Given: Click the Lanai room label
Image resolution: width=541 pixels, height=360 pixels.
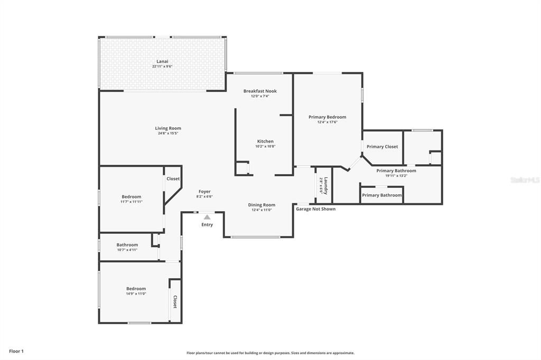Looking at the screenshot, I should pyautogui.click(x=162, y=61).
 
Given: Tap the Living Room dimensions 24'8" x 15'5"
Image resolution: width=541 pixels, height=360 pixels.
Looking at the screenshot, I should pyautogui.click(x=168, y=134).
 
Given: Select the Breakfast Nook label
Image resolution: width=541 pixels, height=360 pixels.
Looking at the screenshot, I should pyautogui.click(x=260, y=91).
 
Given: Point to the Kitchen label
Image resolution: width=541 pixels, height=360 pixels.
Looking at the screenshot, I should pyautogui.click(x=265, y=141).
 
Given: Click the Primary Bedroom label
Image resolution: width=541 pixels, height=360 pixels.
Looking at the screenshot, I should pyautogui.click(x=328, y=117).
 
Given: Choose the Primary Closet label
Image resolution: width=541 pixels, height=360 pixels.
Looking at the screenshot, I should pyautogui.click(x=382, y=147).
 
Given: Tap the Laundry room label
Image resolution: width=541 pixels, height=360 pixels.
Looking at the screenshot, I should pyautogui.click(x=325, y=185).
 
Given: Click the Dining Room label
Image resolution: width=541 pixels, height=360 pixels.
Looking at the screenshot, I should pyautogui.click(x=262, y=205).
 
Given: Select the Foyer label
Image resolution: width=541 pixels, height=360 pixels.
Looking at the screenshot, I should pyautogui.click(x=204, y=192).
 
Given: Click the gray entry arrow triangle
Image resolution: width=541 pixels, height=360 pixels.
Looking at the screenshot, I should pyautogui.click(x=207, y=217).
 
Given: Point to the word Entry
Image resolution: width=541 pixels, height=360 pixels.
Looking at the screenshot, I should pyautogui.click(x=207, y=225).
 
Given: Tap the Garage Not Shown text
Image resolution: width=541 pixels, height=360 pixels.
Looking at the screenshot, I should pyautogui.click(x=315, y=209).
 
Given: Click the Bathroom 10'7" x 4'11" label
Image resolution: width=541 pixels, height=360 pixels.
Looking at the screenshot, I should pyautogui.click(x=127, y=245).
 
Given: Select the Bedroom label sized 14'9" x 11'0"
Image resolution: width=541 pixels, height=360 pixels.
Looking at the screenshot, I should pyautogui.click(x=136, y=289).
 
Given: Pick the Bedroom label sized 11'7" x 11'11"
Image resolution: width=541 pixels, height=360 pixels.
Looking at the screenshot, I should pyautogui.click(x=131, y=197).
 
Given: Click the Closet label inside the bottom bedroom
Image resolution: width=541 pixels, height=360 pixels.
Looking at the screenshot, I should pyautogui.click(x=175, y=301).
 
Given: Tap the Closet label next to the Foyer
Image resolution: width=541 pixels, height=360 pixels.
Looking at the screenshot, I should pyautogui.click(x=173, y=179).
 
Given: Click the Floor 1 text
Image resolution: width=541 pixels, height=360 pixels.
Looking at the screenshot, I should pyautogui.click(x=16, y=351).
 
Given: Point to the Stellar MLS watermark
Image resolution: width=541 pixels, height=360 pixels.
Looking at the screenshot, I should pyautogui.click(x=525, y=180).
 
